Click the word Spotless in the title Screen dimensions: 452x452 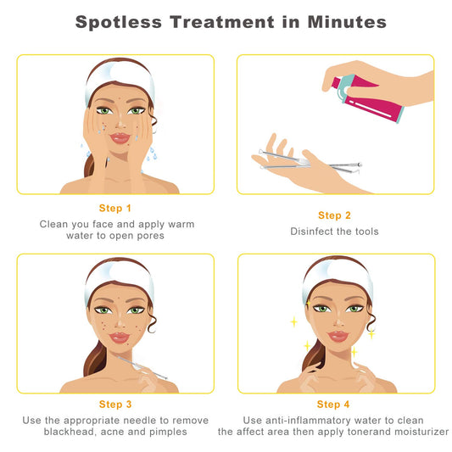(x=119, y=23)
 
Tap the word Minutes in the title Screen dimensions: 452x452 (x=347, y=22)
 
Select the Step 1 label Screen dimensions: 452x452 (x=115, y=208)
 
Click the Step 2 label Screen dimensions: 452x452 (x=334, y=215)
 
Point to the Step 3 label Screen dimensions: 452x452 (x=115, y=405)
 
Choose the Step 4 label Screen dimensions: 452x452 (x=333, y=405)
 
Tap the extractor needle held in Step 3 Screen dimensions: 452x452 (x=142, y=367)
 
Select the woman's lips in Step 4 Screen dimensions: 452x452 (x=338, y=336)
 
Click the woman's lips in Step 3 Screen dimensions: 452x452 (x=120, y=338)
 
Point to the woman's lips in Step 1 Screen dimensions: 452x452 (x=120, y=137)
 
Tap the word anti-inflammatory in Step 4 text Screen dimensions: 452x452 (x=308, y=421)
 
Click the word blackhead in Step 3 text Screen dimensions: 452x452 (x=70, y=432)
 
